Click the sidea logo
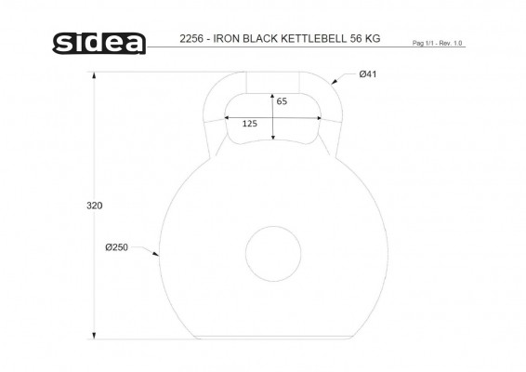coord(99,44)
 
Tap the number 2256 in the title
coord(191,39)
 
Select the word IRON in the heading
coord(227,39)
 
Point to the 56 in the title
coord(356,39)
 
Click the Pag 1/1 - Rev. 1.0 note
coord(437,44)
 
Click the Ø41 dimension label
coord(368,74)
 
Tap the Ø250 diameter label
coord(116,247)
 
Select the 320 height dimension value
coord(94,206)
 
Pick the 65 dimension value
coord(282,101)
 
